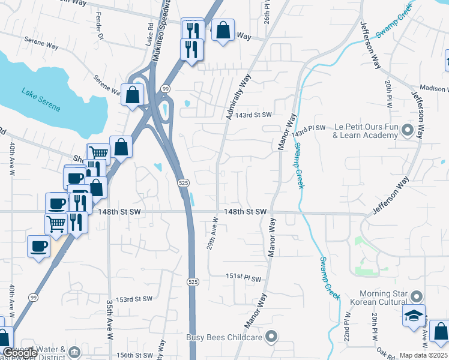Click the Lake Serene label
41,100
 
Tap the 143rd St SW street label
253,115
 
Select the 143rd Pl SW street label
309,129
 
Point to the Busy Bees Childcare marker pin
272,337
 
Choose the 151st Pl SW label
244,278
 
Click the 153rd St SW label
134,299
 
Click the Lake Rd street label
150,34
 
